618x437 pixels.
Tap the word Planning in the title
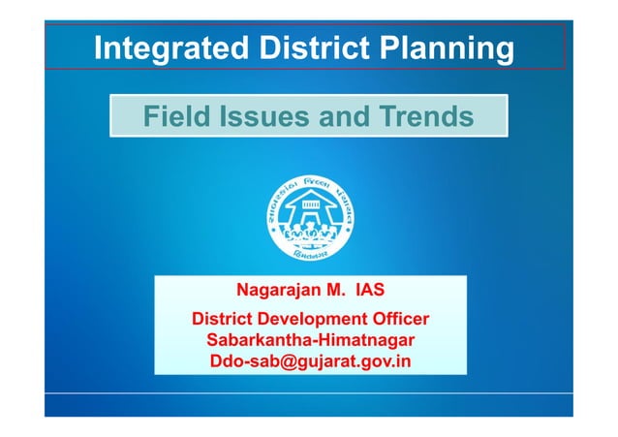coord(447,48)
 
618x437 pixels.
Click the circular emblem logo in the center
coord(308,220)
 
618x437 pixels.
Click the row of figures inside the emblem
coord(308,234)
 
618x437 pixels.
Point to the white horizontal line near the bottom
coord(308,392)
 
